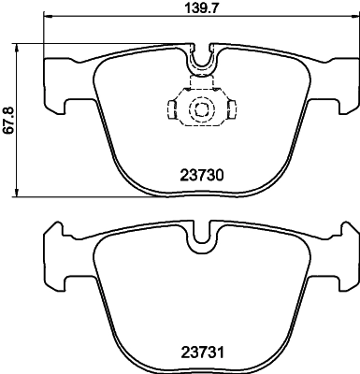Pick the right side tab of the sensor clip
tap(231, 109)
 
